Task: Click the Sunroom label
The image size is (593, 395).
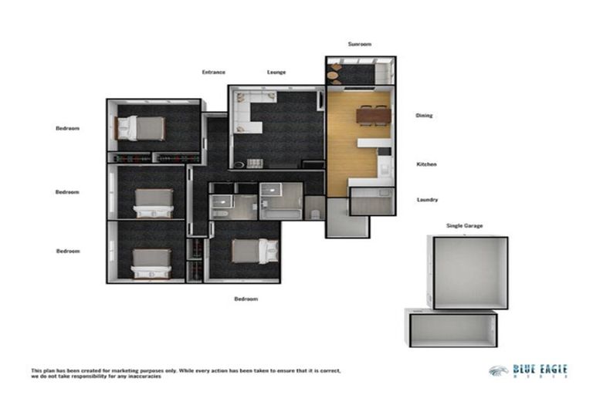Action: (x=359, y=44)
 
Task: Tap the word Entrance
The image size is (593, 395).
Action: (x=213, y=73)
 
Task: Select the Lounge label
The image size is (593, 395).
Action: (x=276, y=73)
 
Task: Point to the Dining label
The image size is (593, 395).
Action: (x=424, y=116)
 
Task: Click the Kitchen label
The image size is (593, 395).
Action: (x=426, y=164)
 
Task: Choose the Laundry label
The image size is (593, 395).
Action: (x=427, y=200)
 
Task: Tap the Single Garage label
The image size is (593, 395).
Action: (x=464, y=225)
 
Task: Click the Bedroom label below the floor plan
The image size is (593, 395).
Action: (x=246, y=299)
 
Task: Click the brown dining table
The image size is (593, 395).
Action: (x=374, y=116)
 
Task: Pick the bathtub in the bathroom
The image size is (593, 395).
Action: (x=283, y=202)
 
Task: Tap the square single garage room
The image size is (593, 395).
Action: (x=469, y=272)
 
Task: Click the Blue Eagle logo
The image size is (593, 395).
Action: (x=529, y=371)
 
